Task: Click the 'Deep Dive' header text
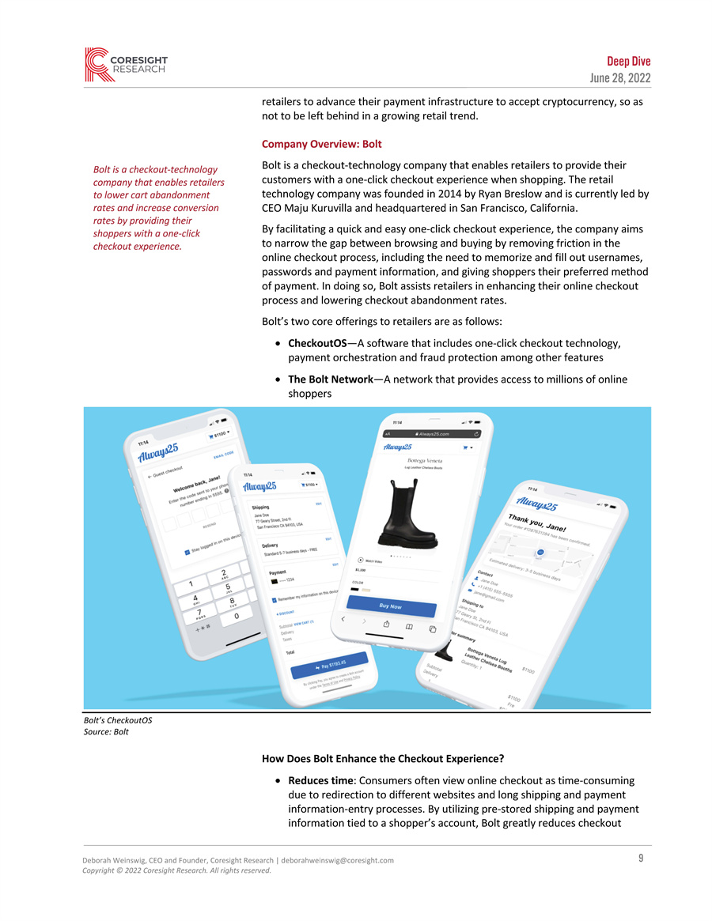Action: [629, 61]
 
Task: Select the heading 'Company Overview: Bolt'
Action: [321, 145]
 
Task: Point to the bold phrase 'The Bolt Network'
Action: [330, 379]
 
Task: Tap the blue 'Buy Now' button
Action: [391, 606]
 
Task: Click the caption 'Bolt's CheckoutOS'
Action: [117, 720]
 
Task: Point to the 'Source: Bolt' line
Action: [105, 732]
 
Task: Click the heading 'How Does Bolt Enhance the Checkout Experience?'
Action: [383, 759]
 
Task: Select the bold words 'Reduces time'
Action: [320, 781]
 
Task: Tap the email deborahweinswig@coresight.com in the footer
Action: [337, 860]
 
